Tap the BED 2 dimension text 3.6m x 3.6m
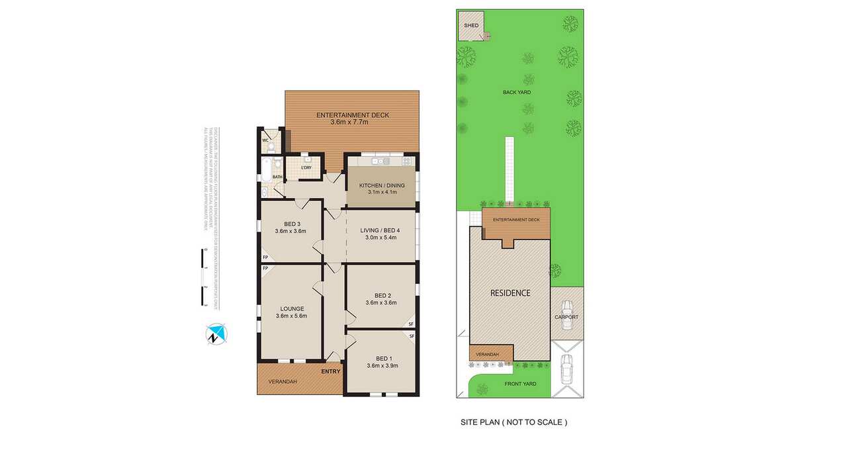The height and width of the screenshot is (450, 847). point(380,302)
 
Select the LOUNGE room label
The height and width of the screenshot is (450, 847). point(291,308)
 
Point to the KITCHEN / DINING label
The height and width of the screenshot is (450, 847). point(381,185)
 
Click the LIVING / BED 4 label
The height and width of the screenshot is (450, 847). point(380,230)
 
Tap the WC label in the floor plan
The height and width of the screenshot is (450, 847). point(265,140)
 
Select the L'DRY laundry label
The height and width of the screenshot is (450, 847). point(306,167)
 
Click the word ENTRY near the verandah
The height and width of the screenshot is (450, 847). point(331,371)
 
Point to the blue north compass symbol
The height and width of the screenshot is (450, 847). point(215,334)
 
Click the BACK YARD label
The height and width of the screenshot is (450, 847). point(516,93)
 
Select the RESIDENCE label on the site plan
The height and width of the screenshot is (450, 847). point(510,292)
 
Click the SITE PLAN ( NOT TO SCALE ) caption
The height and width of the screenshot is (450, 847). point(513,422)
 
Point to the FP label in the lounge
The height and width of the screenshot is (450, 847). point(265,268)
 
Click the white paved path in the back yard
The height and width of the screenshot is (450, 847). point(510,169)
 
